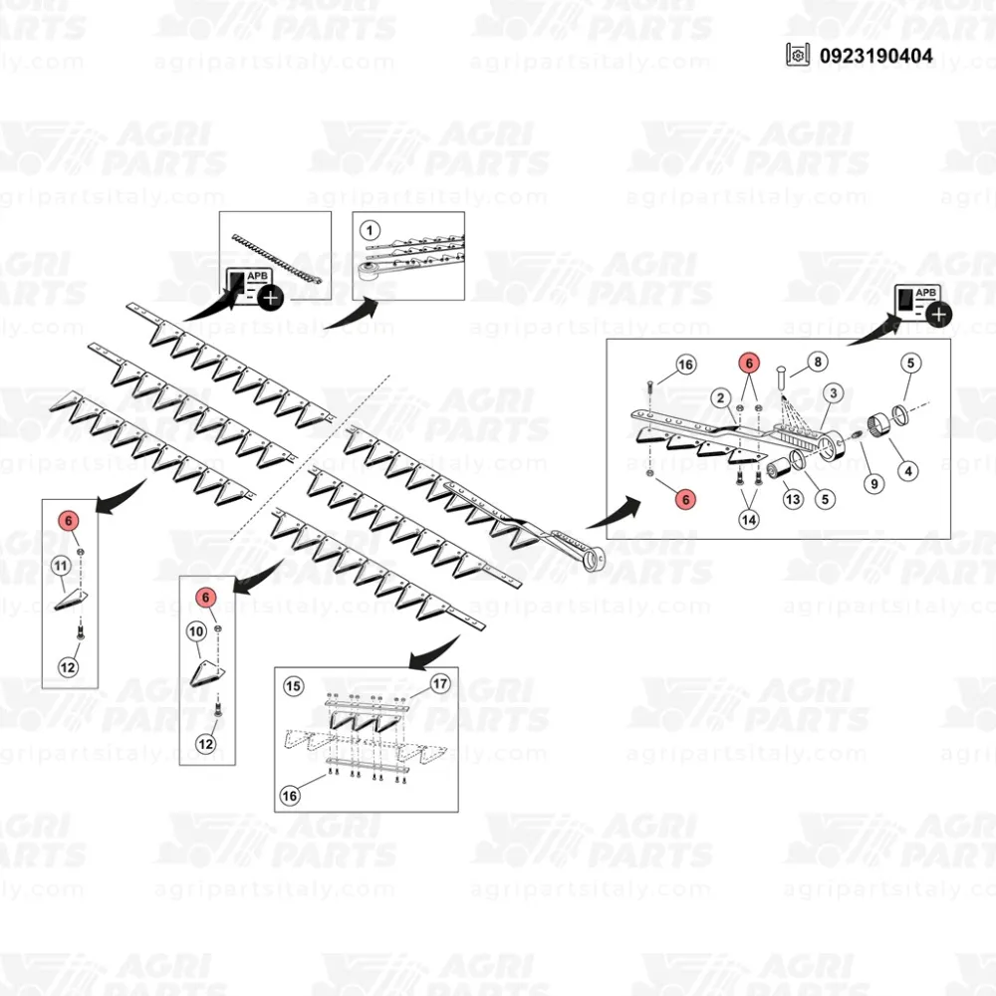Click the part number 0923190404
pyautogui.click(x=875, y=55)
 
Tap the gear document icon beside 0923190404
pyautogui.click(x=797, y=55)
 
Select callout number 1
pyautogui.click(x=370, y=229)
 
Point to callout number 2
pyautogui.click(x=720, y=398)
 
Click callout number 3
pyautogui.click(x=834, y=393)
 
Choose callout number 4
pyautogui.click(x=908, y=471)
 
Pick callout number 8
pyautogui.click(x=818, y=362)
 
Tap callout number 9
pyautogui.click(x=874, y=483)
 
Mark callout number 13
pyautogui.click(x=793, y=499)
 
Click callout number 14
pyautogui.click(x=749, y=520)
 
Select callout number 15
pyautogui.click(x=293, y=686)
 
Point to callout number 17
pyautogui.click(x=440, y=683)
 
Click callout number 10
pyautogui.click(x=196, y=630)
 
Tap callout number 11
pyautogui.click(x=61, y=566)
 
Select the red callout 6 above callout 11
pyautogui.click(x=69, y=521)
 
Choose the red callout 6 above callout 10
pyautogui.click(x=205, y=597)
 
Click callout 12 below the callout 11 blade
pyautogui.click(x=68, y=667)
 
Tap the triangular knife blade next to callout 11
pyautogui.click(x=71, y=600)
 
